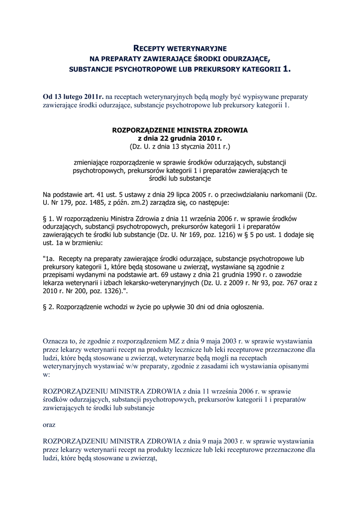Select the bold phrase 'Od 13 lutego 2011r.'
click(74, 96)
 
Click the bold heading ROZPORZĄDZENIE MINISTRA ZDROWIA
click(180, 130)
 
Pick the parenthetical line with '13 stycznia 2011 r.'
click(180, 147)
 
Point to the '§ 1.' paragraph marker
click(49, 219)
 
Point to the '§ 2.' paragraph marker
click(49, 307)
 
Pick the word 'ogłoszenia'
click(245, 307)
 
